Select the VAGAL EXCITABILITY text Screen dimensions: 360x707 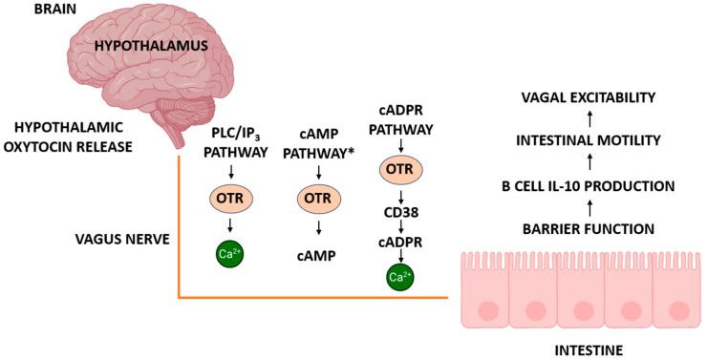pyautogui.click(x=589, y=97)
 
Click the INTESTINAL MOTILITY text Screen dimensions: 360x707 pyautogui.click(x=589, y=141)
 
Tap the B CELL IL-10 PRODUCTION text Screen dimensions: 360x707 pyautogui.click(x=589, y=185)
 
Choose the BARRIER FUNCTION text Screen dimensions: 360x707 pyautogui.click(x=589, y=228)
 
